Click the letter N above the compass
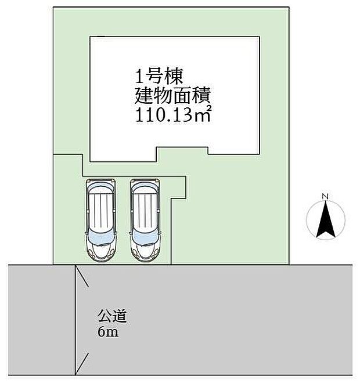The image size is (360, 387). [326, 196]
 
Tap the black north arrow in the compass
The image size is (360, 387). [326, 219]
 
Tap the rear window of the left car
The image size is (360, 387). [102, 190]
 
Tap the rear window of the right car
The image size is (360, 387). [145, 190]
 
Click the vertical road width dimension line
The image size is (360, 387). [75, 319]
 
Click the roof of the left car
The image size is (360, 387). [102, 212]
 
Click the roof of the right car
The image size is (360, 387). [145, 212]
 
